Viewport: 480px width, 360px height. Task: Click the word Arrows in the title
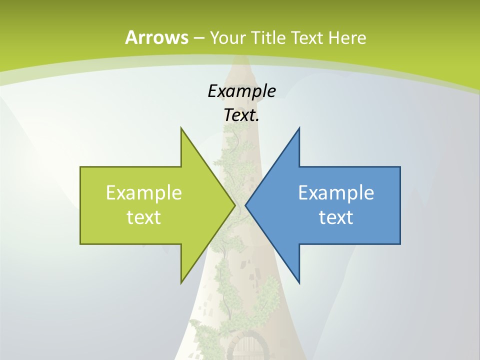(156, 37)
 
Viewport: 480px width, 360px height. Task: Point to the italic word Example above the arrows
(241, 91)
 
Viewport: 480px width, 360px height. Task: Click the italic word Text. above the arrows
(241, 115)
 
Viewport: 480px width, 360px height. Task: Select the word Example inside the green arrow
(144, 193)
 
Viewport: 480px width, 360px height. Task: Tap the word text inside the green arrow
(144, 217)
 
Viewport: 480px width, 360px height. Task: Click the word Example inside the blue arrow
(336, 193)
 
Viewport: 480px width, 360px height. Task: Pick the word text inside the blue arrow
(336, 217)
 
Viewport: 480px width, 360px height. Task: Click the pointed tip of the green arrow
(234, 205)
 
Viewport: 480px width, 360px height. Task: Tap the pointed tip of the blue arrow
(246, 205)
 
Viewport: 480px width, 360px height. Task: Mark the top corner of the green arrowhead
(181, 128)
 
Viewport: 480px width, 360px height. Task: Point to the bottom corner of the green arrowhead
(181, 282)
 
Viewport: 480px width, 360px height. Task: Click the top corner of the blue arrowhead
(299, 128)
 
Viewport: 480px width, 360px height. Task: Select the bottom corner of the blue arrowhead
(299, 282)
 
